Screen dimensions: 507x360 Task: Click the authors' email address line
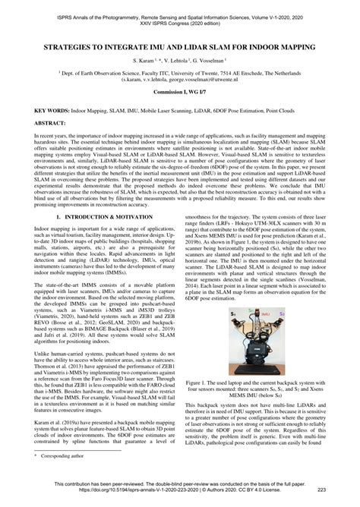click(x=180, y=79)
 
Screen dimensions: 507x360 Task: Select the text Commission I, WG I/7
click(x=180, y=92)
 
